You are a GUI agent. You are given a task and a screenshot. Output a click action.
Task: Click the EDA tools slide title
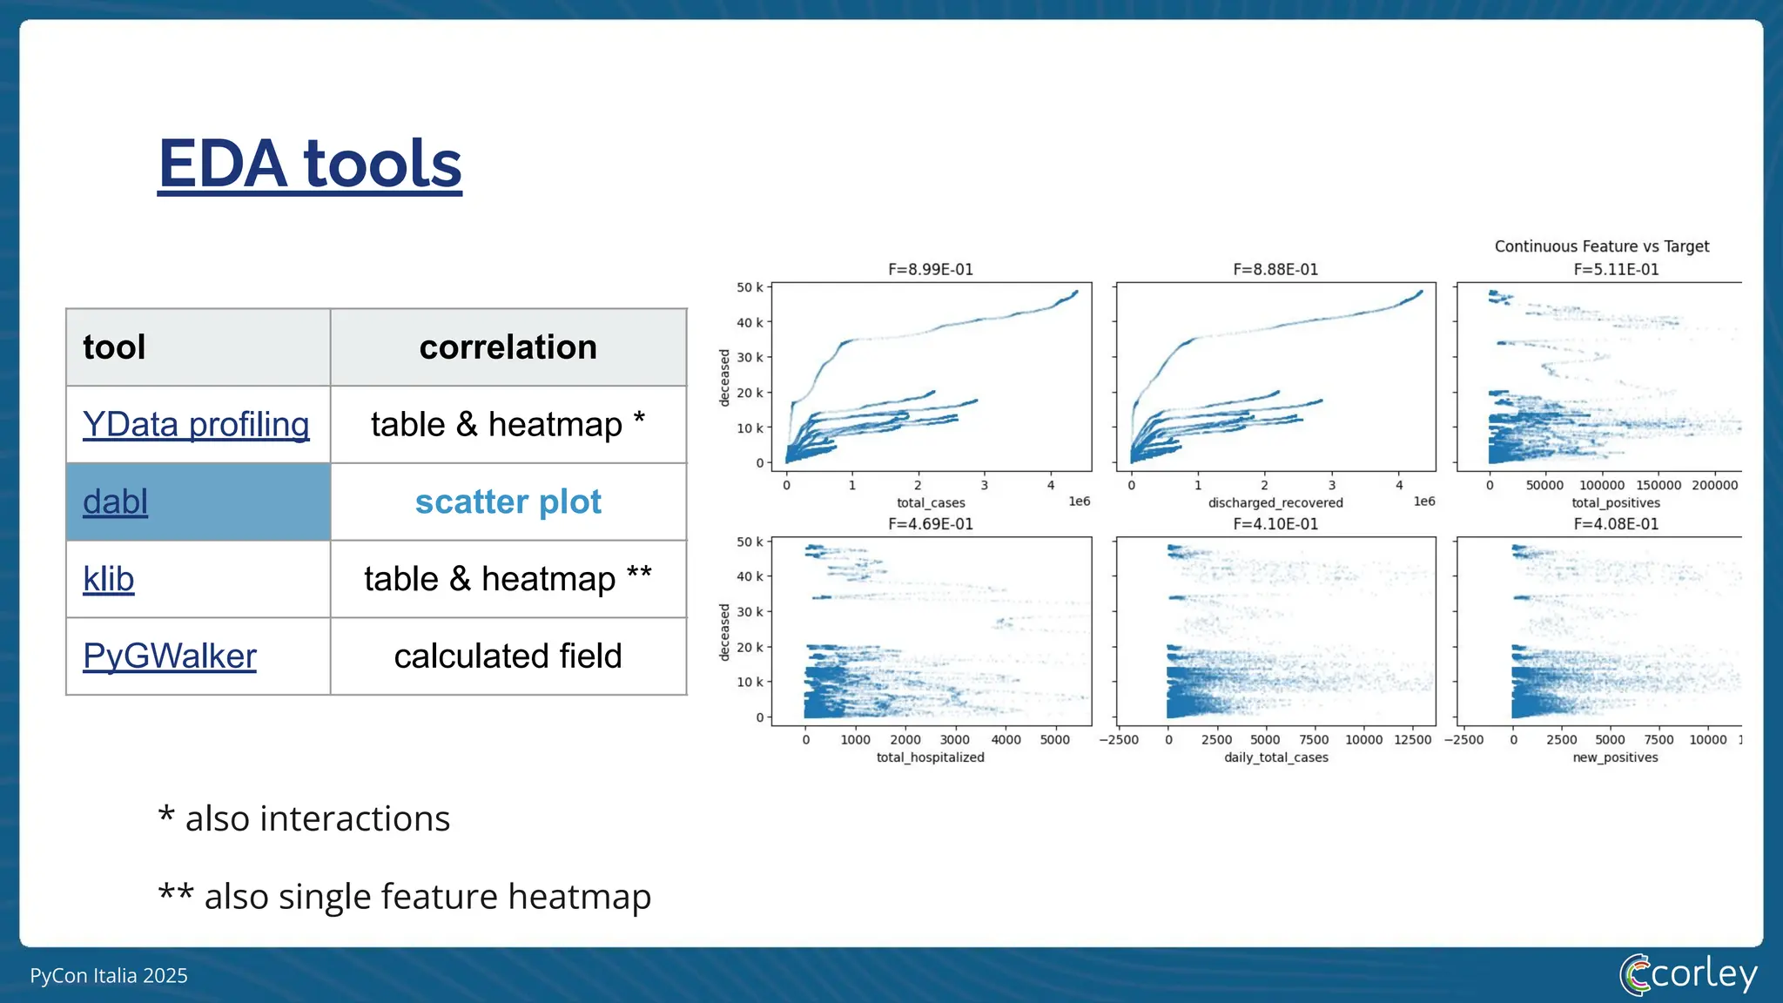309,164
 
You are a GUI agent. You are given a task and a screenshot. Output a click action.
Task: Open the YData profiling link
196,425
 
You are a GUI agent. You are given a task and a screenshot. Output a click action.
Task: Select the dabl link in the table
115,502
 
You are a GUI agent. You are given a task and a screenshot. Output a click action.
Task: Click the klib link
108,579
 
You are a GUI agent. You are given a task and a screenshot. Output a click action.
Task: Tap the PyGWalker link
170,656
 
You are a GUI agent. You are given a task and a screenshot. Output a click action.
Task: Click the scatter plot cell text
508,502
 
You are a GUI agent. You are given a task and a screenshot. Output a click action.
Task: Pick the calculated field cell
508,656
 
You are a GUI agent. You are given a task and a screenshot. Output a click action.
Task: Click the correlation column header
508,347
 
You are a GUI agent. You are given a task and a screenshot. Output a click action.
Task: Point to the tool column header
114,347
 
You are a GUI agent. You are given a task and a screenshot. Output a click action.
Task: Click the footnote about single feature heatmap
405,896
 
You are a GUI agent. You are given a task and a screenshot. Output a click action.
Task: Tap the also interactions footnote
305,818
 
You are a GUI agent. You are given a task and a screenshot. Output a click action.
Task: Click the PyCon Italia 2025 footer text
109,976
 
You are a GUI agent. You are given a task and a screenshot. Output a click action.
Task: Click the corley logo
1688,974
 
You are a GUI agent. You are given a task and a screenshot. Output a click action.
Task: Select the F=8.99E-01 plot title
930,270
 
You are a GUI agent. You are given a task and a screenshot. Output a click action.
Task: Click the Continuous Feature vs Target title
1601,246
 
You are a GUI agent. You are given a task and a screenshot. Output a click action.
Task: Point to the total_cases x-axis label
931,503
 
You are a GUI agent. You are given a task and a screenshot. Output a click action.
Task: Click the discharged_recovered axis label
1275,503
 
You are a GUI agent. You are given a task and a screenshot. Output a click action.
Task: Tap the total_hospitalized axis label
930,757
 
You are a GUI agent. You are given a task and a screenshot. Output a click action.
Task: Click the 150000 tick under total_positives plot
1659,486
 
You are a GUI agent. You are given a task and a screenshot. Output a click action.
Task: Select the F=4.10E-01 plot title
1275,524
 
